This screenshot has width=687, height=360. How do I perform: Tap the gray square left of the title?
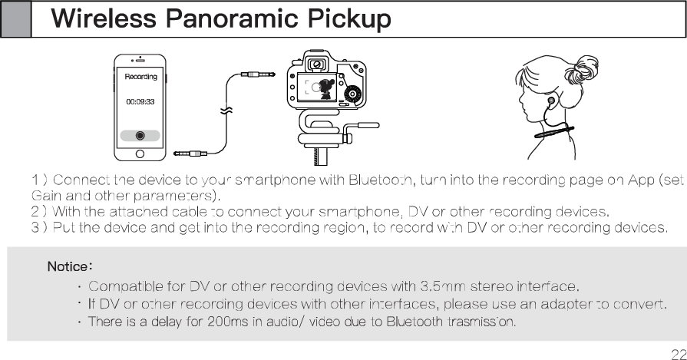click(15, 18)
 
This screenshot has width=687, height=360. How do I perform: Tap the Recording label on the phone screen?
click(140, 77)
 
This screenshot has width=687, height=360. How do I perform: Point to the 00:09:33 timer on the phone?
click(140, 102)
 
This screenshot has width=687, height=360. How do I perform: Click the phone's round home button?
click(140, 153)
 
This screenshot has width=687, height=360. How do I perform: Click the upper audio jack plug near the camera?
click(256, 74)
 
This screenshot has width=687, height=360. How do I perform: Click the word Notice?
click(69, 268)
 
